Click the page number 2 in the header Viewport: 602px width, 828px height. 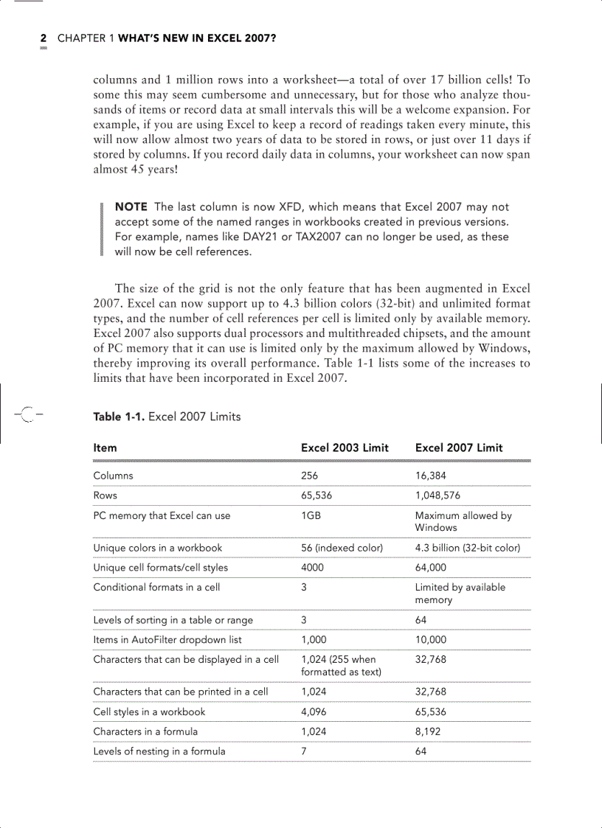pos(44,38)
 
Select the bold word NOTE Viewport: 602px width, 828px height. pos(131,207)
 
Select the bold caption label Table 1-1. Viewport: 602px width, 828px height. pos(119,417)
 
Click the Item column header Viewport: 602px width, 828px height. pos(105,448)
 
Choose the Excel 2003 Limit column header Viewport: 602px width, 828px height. pos(345,448)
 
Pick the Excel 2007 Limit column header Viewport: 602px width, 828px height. pos(459,448)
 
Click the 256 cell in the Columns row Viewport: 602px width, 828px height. pos(309,476)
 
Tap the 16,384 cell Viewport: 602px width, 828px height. pos(430,476)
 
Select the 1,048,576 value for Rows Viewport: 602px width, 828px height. pos(437,495)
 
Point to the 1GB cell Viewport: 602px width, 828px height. pos(311,515)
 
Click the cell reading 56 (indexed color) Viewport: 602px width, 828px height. pos(342,548)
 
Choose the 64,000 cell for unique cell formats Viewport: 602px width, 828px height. pos(431,568)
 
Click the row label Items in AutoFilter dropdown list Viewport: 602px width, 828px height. pos(167,640)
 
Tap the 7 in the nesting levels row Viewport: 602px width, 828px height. pos(304,751)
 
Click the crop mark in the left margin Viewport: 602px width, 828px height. pos(27,415)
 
